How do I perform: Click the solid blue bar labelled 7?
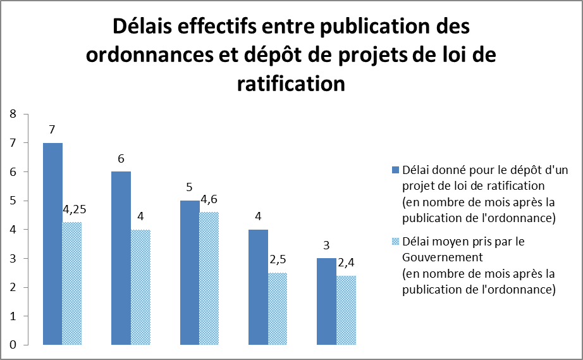coord(52,244)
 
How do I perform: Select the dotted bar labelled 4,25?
coord(72,283)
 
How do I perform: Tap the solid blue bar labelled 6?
coord(121,258)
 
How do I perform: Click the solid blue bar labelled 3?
coord(326,301)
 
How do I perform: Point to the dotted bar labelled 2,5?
coord(278,309)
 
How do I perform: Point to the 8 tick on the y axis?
coord(13,114)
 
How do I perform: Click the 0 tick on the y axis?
coord(13,345)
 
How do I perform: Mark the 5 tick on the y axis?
coord(13,201)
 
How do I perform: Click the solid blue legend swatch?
coord(396,170)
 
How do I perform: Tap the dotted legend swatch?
coord(396,242)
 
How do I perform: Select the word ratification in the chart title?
coord(291,84)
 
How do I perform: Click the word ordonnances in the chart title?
coord(156,56)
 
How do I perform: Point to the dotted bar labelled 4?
coord(140,287)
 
